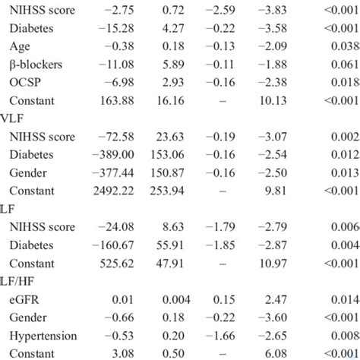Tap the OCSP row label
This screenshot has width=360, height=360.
[x=26, y=82]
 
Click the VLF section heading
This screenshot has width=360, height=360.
[x=13, y=118]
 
